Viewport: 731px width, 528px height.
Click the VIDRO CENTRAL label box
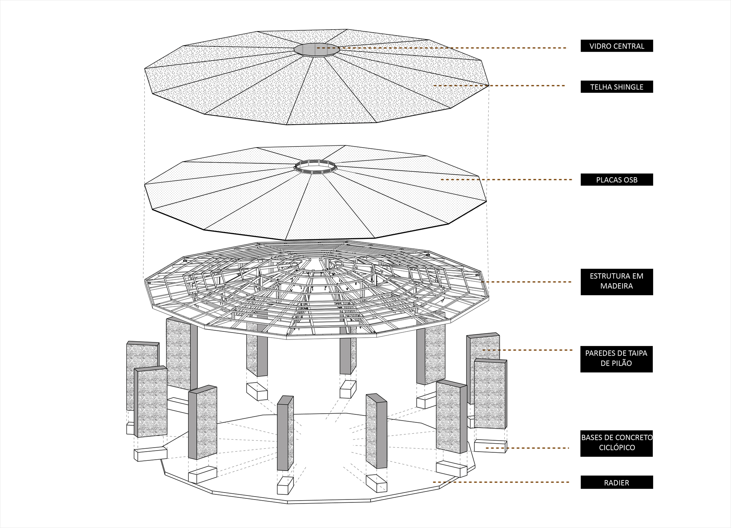pos(617,46)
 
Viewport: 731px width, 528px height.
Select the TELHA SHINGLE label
pos(617,87)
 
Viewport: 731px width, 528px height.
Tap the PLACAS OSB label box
pos(617,180)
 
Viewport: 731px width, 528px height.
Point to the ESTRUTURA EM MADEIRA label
pos(617,281)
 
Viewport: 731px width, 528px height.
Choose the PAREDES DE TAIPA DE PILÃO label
pos(617,358)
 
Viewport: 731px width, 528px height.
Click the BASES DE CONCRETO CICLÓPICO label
pos(617,442)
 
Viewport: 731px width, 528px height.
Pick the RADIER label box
pos(617,482)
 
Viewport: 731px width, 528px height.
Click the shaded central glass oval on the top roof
pos(317,50)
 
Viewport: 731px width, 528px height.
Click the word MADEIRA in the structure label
pos(617,286)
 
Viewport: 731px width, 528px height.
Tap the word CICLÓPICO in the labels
pos(617,448)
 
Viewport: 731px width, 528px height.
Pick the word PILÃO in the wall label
pos(622,364)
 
